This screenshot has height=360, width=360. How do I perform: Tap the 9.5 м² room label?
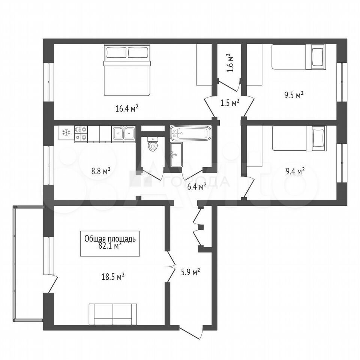[x=294, y=94]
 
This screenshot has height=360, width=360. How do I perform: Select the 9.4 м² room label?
[x=295, y=171]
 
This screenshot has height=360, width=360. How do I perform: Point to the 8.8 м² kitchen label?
[x=101, y=171]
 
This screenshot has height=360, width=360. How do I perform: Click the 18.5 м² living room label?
[x=113, y=276]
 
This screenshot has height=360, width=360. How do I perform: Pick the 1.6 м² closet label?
[x=230, y=63]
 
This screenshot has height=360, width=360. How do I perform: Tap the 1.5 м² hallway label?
[x=230, y=103]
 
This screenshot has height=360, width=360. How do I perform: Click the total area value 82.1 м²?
[x=110, y=246]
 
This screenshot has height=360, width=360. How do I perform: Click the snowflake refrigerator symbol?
[x=66, y=132]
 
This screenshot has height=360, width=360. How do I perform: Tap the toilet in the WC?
[x=152, y=144]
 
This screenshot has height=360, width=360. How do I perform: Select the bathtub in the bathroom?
[x=190, y=133]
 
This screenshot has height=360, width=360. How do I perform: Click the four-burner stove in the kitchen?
[x=81, y=133]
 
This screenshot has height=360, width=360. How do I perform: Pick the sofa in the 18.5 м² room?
[x=113, y=314]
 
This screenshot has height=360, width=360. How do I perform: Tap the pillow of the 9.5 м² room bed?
[x=318, y=56]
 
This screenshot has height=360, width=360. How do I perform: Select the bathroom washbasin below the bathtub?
[x=176, y=154]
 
